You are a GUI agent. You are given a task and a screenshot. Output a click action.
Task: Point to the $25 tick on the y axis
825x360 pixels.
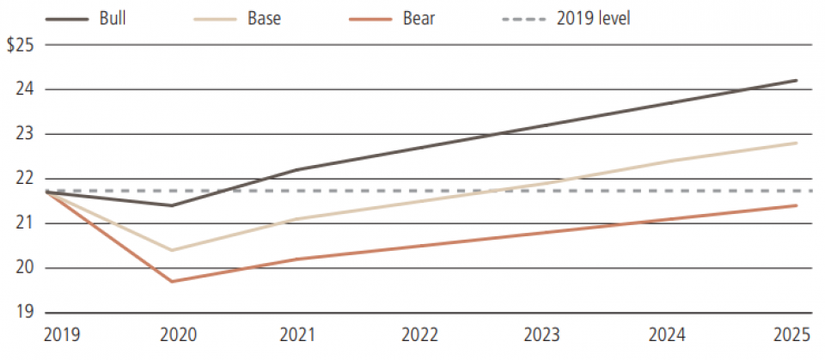click(20, 45)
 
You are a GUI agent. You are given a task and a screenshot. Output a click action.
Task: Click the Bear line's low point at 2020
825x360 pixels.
click(172, 281)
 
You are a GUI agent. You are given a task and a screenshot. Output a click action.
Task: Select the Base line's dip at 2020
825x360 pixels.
click(172, 250)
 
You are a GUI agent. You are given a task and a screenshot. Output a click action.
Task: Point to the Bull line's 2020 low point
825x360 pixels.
click(172, 205)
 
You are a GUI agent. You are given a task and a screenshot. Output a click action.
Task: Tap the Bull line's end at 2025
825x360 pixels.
click(797, 81)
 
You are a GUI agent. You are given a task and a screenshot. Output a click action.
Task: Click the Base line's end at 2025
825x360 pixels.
click(797, 143)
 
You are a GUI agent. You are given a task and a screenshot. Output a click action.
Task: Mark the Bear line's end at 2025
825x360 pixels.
click(797, 205)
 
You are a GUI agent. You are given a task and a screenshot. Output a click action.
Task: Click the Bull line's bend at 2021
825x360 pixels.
click(296, 170)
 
